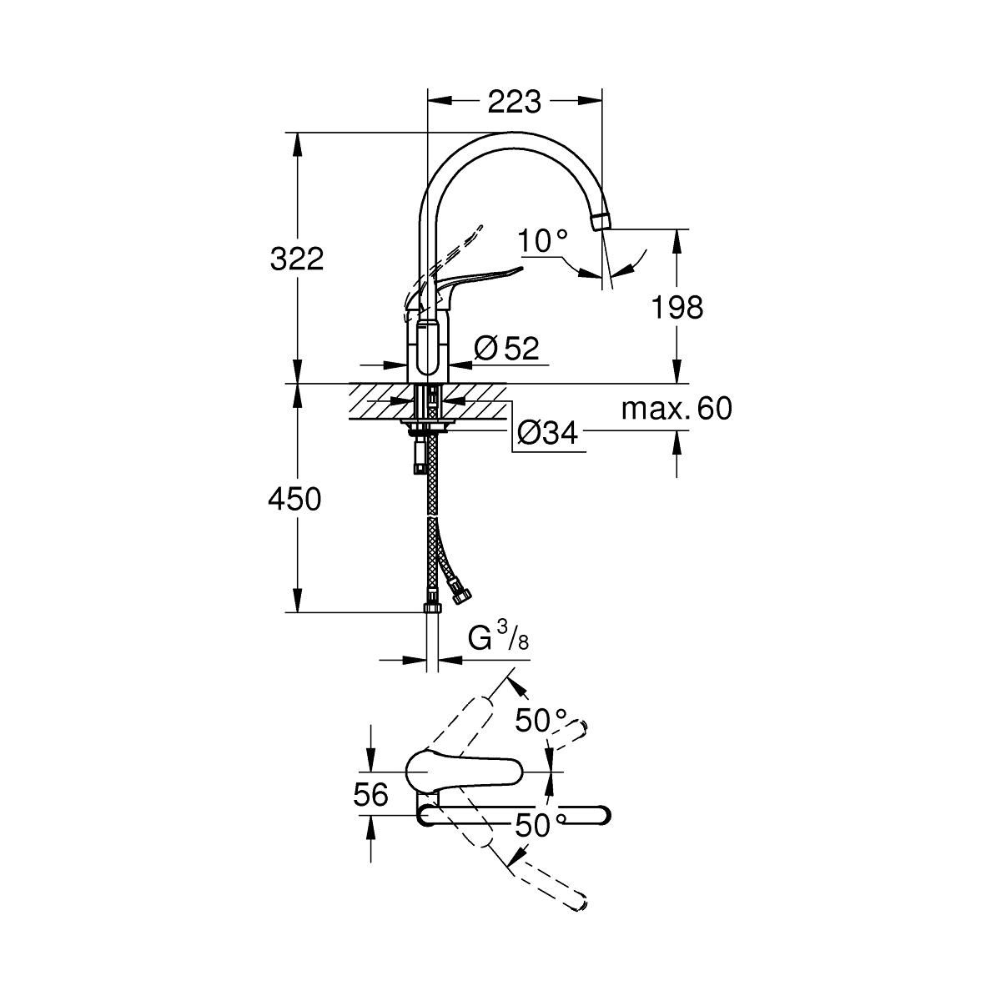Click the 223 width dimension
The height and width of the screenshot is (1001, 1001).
pos(514,102)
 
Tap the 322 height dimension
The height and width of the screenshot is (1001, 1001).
pos(296,259)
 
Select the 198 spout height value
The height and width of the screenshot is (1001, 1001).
pos(677,307)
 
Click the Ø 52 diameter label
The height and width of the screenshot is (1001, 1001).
pos(506,349)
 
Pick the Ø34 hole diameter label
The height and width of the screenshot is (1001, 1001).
pos(547,431)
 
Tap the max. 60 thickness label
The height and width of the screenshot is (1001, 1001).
pos(677,409)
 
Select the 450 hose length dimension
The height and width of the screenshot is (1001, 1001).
pos(294,500)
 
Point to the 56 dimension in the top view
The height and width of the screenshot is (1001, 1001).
pos(370,795)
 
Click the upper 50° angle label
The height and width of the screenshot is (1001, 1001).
pos(540,718)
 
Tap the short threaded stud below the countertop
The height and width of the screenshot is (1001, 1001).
pos(416,457)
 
